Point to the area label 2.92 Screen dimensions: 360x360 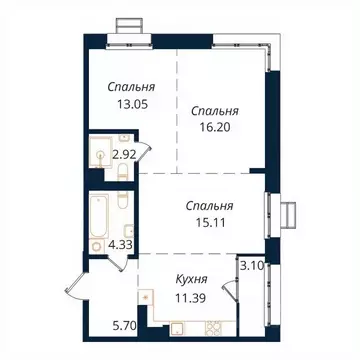pyautogui.click(x=123, y=155)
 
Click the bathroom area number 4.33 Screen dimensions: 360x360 pyautogui.click(x=122, y=242)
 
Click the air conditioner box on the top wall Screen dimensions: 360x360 pyautogui.click(x=129, y=24)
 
